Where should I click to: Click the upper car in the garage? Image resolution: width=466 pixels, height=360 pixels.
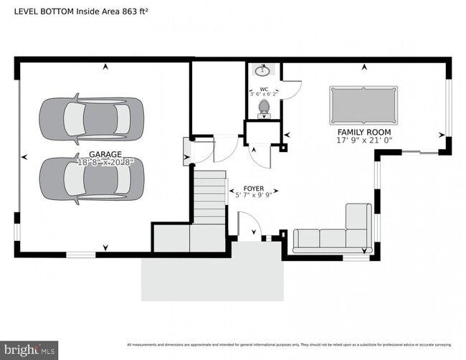pos(91,118)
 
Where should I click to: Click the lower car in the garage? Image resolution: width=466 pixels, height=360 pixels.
pos(91,179)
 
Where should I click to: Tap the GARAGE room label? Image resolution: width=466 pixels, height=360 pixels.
pos(105,154)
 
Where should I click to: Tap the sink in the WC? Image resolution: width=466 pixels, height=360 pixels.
pos(263,70)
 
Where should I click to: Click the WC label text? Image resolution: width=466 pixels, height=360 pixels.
pos(263,90)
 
